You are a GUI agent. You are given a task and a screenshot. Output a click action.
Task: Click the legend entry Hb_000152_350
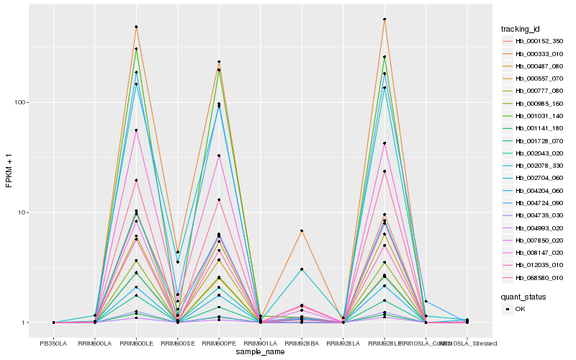point(543,41)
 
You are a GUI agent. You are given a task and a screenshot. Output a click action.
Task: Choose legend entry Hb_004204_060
point(543,190)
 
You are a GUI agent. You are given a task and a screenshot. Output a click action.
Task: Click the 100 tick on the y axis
point(21,102)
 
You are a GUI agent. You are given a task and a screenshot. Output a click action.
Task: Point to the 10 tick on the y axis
point(22,212)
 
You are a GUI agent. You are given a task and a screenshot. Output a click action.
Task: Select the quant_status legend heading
point(524,297)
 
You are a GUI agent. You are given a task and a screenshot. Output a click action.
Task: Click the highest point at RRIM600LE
point(136,27)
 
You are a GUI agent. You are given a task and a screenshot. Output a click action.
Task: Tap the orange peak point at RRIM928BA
point(302,230)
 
